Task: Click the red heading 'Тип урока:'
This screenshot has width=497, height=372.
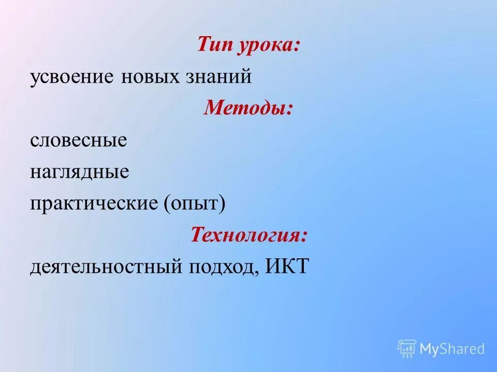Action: [248, 45]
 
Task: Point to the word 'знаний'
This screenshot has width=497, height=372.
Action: [217, 77]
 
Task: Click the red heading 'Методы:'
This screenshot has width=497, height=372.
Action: [248, 108]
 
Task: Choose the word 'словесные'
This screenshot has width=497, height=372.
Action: [78, 140]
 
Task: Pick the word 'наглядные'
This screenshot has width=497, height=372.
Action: [79, 172]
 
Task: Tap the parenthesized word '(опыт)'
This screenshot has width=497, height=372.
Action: [195, 204]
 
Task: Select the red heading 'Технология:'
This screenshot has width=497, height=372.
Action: [248, 235]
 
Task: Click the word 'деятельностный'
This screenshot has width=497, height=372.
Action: [107, 267]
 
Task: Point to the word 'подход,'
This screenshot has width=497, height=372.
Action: [226, 267]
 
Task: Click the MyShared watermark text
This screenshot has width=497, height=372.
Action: [452, 349]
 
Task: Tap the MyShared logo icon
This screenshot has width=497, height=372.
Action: [407, 348]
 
